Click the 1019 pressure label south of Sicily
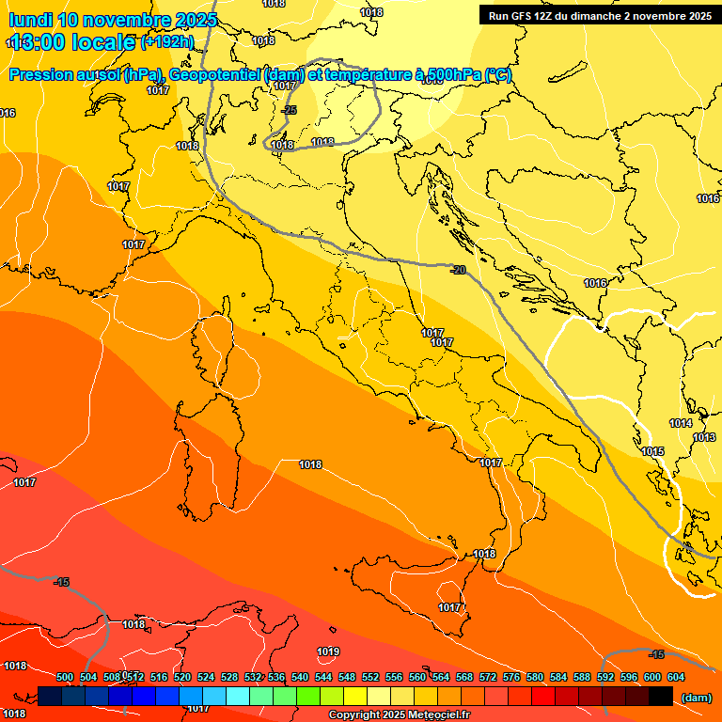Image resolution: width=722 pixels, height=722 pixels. pos(328,651)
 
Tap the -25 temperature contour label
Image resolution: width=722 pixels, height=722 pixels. pos(290,110)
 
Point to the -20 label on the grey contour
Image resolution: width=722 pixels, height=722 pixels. pos(458,270)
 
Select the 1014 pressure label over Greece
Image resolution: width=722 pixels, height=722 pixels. pos(681,424)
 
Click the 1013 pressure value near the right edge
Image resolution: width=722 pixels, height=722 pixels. pos(704,438)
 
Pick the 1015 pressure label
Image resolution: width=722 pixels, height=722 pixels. pos(652,452)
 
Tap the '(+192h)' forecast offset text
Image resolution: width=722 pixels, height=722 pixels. pos(166,41)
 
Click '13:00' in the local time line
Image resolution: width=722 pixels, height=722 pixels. pos(38,42)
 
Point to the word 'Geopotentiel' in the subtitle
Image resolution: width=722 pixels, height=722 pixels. pos(213,75)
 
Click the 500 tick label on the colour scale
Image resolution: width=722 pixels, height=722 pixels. pos(65,677)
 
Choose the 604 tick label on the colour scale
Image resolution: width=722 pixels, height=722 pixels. pos(676,677)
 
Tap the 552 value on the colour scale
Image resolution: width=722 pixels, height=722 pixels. pos(370,677)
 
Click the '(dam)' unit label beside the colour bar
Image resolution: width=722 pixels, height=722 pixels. pos(696,698)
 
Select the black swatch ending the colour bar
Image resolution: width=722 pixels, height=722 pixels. pos(661,697)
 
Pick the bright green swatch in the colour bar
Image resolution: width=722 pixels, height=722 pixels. pos(308,697)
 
